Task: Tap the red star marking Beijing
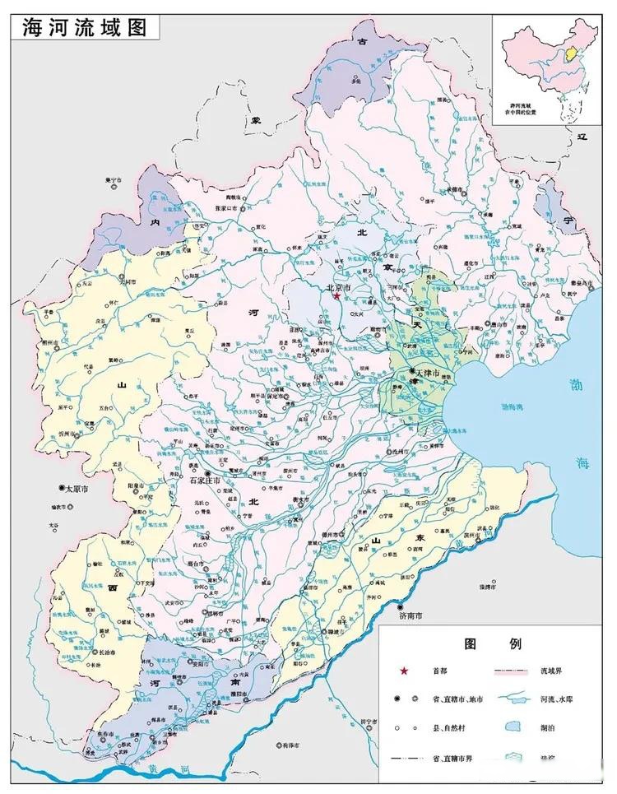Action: click(x=336, y=295)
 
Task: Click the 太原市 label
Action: click(x=76, y=488)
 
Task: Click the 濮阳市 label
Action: click(x=248, y=694)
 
